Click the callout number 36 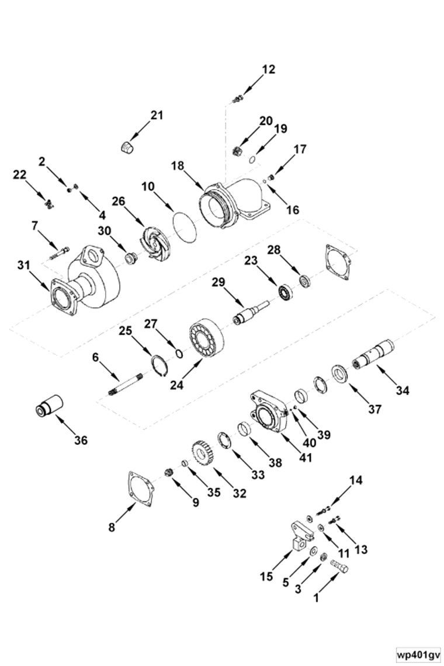(x=81, y=440)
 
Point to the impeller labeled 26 (x=155, y=240)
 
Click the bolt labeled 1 (x=338, y=564)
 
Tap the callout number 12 (x=268, y=69)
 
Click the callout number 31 (x=23, y=266)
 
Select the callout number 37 (x=374, y=410)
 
